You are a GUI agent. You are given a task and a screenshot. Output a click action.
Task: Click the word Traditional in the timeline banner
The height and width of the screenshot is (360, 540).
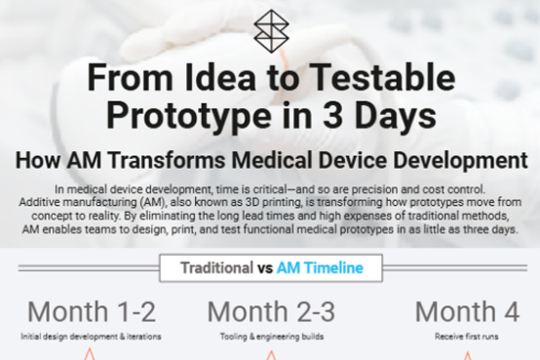216,267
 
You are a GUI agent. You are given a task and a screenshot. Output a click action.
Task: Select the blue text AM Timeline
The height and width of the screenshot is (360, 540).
319,267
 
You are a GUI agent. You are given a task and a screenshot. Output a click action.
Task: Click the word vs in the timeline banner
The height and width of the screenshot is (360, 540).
265,267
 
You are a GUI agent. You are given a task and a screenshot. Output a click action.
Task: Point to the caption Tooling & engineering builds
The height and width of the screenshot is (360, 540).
271,336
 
